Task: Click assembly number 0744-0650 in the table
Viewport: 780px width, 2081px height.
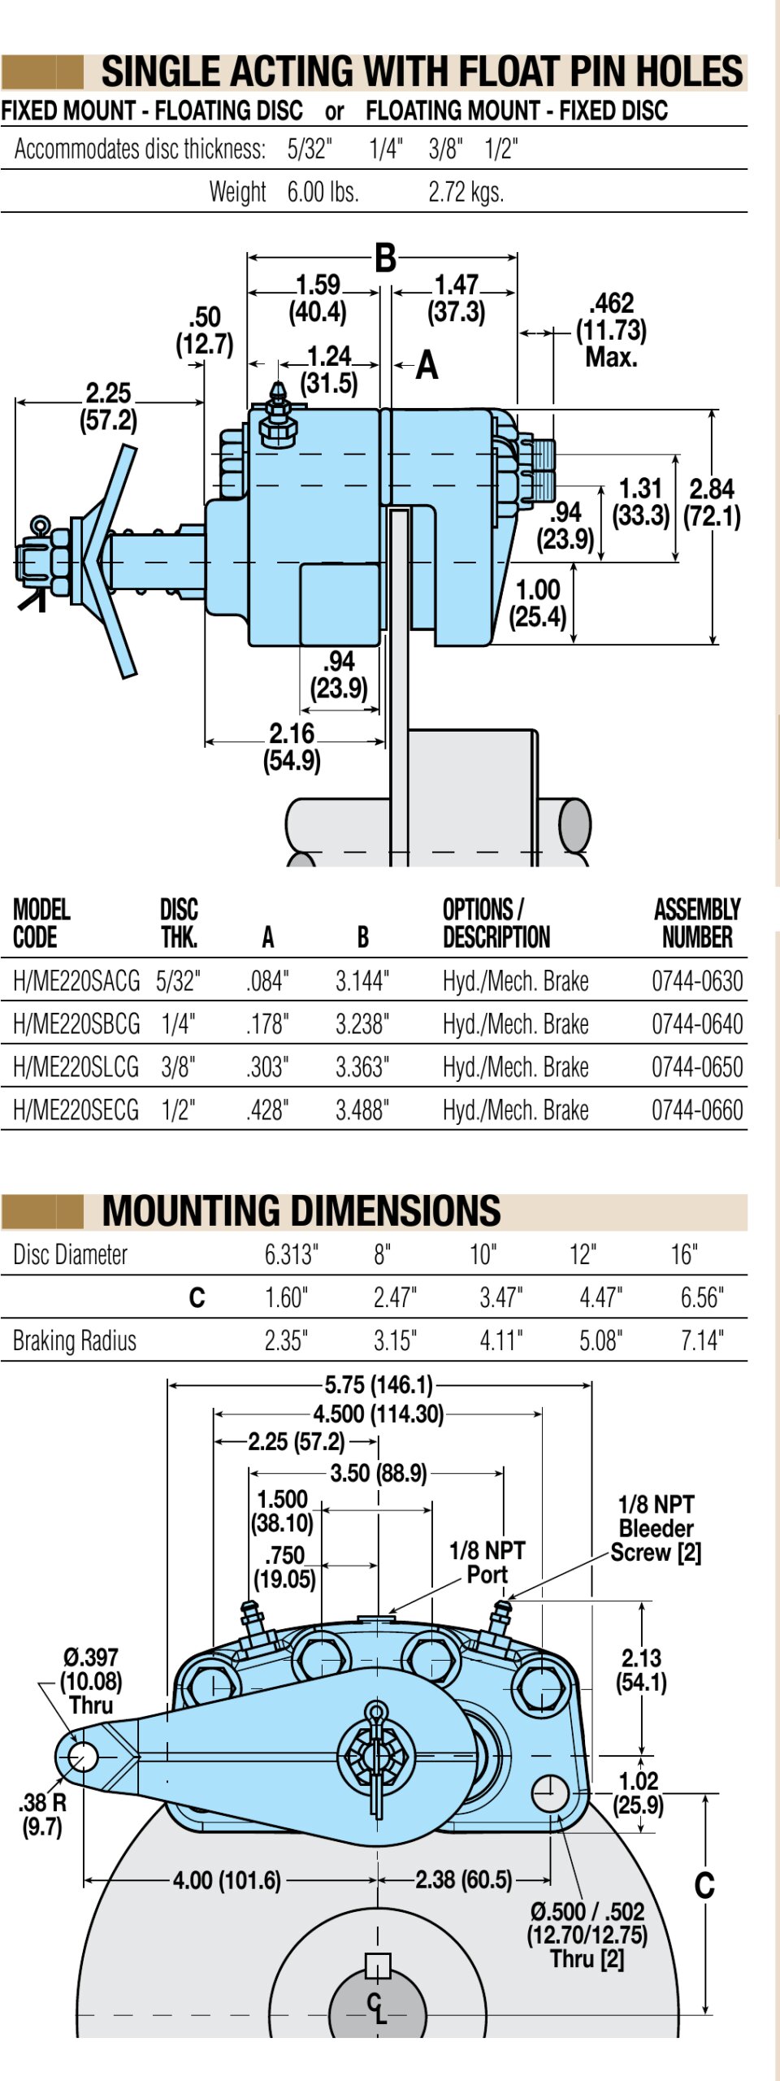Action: point(697,1067)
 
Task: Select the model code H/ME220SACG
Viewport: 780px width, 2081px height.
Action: point(76,980)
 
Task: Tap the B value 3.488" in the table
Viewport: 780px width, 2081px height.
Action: point(362,1110)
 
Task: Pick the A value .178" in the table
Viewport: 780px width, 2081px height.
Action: point(268,1023)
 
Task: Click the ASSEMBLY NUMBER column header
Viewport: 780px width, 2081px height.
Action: point(697,923)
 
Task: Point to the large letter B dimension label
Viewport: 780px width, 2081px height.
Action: point(385,258)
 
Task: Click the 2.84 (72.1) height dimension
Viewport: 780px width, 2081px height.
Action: point(712,502)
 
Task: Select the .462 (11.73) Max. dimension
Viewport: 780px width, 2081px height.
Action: point(611,330)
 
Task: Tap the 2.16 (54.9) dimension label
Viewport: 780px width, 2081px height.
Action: point(292,746)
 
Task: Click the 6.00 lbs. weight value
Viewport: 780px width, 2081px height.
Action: point(323,192)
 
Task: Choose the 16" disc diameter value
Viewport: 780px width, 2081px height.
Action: point(684,1254)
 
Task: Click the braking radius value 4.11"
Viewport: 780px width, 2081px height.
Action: point(500,1340)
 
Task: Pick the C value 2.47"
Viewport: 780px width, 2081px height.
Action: point(395,1297)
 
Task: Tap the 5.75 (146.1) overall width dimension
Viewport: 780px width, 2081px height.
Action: point(379,1384)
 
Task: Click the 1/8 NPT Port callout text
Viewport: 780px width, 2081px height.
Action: point(487,1562)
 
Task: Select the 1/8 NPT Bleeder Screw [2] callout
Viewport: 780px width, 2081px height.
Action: point(656,1528)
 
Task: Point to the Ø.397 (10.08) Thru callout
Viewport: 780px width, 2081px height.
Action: point(91,1680)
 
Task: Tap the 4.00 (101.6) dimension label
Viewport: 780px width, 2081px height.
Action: point(227,1879)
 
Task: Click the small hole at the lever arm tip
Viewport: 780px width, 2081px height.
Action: point(82,1757)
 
